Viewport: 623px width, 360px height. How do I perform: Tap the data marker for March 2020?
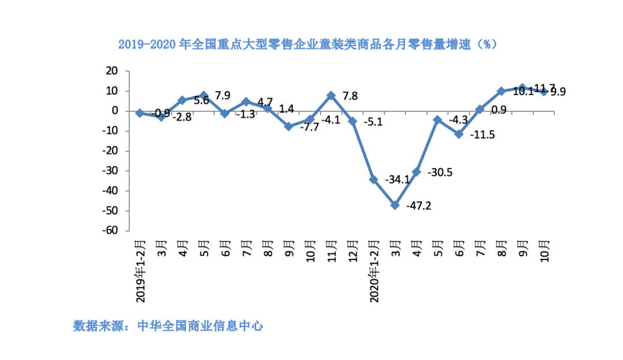[x=395, y=205]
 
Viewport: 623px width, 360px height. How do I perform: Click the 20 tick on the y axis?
[x=112, y=71]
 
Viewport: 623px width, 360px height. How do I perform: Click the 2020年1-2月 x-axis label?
[x=373, y=271]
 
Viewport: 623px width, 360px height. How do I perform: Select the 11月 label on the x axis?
[x=332, y=249]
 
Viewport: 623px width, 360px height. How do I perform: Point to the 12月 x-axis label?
[x=352, y=249]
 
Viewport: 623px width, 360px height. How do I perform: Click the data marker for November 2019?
[x=331, y=95]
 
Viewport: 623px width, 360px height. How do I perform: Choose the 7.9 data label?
[x=223, y=95]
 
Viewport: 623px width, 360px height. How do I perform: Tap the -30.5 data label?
[x=441, y=172]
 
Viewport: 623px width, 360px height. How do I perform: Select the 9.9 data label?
[x=557, y=91]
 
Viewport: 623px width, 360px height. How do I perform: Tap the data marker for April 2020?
[x=416, y=171]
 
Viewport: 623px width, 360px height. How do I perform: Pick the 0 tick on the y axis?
[x=115, y=111]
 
